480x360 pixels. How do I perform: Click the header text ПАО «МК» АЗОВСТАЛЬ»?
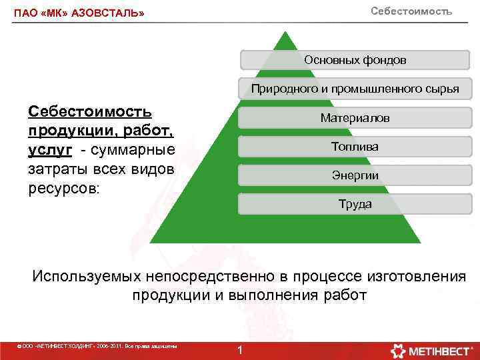(x=79, y=13)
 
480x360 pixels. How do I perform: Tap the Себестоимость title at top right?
(x=411, y=11)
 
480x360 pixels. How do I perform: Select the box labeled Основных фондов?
(x=355, y=60)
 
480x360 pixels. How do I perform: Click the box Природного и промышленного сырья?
(x=355, y=89)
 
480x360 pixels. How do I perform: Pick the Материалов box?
(x=355, y=118)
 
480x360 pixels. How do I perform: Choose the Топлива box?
(x=355, y=147)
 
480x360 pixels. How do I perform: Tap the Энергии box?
(x=355, y=175)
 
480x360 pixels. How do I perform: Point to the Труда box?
(x=355, y=204)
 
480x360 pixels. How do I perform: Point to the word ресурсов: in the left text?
(x=63, y=187)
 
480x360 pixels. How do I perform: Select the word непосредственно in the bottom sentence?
(x=236, y=276)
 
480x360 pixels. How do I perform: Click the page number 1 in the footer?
(x=241, y=351)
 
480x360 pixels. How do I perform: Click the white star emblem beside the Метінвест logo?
(x=398, y=351)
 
